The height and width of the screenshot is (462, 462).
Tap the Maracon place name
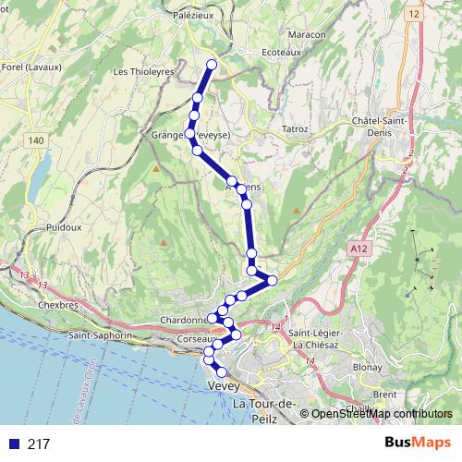307,34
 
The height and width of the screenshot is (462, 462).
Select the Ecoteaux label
282,53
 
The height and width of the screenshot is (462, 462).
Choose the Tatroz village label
295,128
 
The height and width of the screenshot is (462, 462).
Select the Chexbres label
56,302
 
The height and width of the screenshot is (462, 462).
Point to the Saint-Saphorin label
100,334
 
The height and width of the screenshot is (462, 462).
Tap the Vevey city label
225,385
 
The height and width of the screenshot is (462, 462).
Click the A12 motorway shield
360,249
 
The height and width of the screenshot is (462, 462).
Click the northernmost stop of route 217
212,65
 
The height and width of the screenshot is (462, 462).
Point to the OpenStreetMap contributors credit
381,414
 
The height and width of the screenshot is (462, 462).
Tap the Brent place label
385,394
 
